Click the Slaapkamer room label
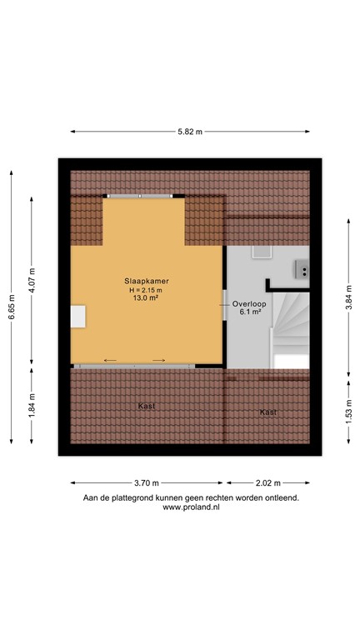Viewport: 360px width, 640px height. pos(146,282)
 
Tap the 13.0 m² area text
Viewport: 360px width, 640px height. pos(146,297)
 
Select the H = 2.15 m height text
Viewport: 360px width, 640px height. pos(146,289)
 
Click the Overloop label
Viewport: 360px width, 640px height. pos(249,304)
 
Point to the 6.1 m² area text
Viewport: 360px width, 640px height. pos(249,312)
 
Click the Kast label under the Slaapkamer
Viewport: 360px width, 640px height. pos(147,406)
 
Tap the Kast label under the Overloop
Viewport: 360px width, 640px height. pos(267,412)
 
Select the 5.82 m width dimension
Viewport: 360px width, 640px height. pos(190,131)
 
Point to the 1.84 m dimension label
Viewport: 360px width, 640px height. pos(32,405)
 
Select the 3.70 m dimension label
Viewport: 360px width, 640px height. pos(146,482)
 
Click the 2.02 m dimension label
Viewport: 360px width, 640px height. pos(267,482)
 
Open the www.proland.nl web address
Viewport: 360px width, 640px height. pos(190,507)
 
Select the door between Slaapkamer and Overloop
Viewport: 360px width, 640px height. pos(224,305)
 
